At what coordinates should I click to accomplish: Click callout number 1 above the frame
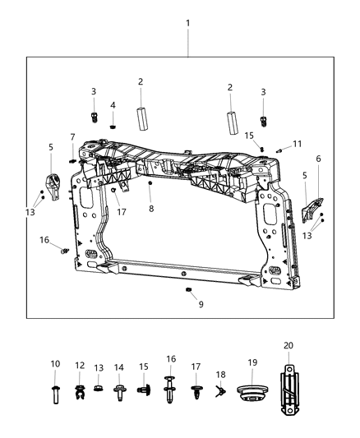tap(187, 23)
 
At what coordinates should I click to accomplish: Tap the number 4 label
tap(113, 105)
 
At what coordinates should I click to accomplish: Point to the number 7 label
tap(72, 136)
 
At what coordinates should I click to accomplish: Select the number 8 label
tap(150, 209)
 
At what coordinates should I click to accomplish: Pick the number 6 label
tap(318, 159)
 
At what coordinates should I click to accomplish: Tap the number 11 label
tap(298, 143)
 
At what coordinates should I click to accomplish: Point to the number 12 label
tap(80, 364)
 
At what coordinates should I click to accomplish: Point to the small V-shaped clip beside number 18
tap(219, 392)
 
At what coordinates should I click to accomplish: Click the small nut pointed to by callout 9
tap(188, 291)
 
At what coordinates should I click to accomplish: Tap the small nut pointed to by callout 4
tap(113, 125)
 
